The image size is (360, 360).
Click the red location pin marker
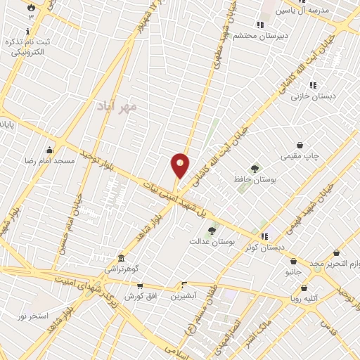[x=180, y=166]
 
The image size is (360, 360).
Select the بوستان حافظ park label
[x=254, y=180]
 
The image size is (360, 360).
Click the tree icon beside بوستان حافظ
[x=255, y=167]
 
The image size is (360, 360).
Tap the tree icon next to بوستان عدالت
[x=212, y=230]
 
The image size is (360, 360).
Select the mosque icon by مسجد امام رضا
[x=49, y=150]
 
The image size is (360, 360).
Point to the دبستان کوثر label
[x=265, y=247]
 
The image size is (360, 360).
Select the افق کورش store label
[x=145, y=296]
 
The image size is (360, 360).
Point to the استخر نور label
[x=33, y=316]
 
